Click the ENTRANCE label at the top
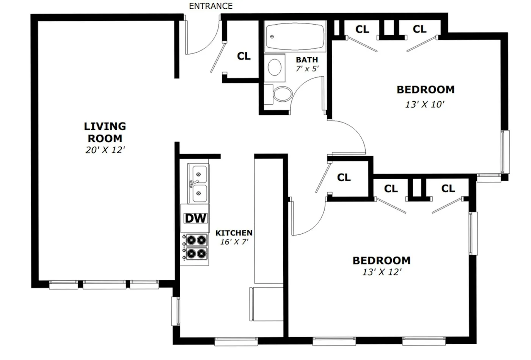tap(211, 6)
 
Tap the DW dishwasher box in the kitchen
tap(195, 218)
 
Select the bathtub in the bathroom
tap(295, 37)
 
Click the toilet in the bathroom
tap(282, 94)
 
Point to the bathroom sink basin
tap(275, 68)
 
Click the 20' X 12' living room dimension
tap(105, 150)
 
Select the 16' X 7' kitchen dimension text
tap(234, 242)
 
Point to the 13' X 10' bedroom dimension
tap(424, 104)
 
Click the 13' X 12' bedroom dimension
tap(382, 272)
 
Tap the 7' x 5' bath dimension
tap(307, 69)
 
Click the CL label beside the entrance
tap(244, 56)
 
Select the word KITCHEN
tap(234, 233)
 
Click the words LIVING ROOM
tap(105, 132)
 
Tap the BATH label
tap(307, 60)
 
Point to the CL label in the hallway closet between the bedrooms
tap(344, 177)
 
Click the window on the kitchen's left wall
tap(175, 311)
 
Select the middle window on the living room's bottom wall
tap(105, 285)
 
